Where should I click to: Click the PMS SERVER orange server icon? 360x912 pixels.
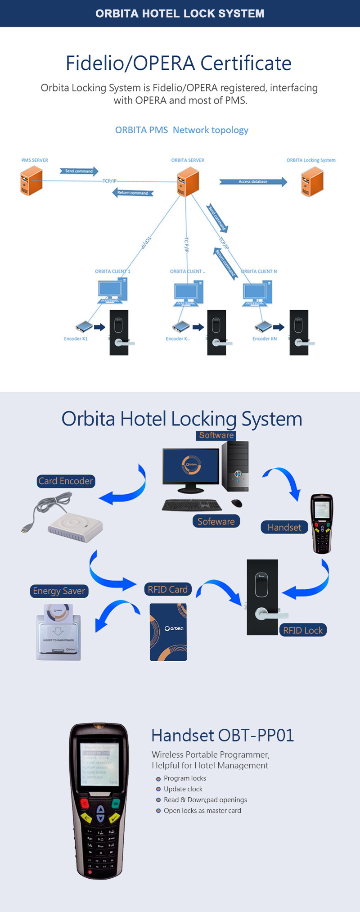point(31,181)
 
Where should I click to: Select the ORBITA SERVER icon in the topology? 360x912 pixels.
point(188,181)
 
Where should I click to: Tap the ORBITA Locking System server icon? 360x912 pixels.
point(312,181)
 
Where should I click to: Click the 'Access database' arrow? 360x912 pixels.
point(253,182)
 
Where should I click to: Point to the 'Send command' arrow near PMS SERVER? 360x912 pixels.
point(79,171)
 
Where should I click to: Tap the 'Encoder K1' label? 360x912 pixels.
point(76,339)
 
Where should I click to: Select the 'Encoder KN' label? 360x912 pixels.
point(265,339)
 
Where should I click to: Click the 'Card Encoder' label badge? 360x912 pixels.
point(66,481)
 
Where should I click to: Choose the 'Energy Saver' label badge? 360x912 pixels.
point(59,591)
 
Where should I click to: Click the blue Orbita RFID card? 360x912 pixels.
point(168,632)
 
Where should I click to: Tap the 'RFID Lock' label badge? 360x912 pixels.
point(303,630)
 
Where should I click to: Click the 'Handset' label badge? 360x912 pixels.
point(284,527)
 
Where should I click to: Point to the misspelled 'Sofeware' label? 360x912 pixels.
point(216,521)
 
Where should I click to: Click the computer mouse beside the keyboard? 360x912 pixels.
point(237,503)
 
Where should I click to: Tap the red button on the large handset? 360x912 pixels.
point(84,803)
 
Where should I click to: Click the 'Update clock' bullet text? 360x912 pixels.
point(183,789)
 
